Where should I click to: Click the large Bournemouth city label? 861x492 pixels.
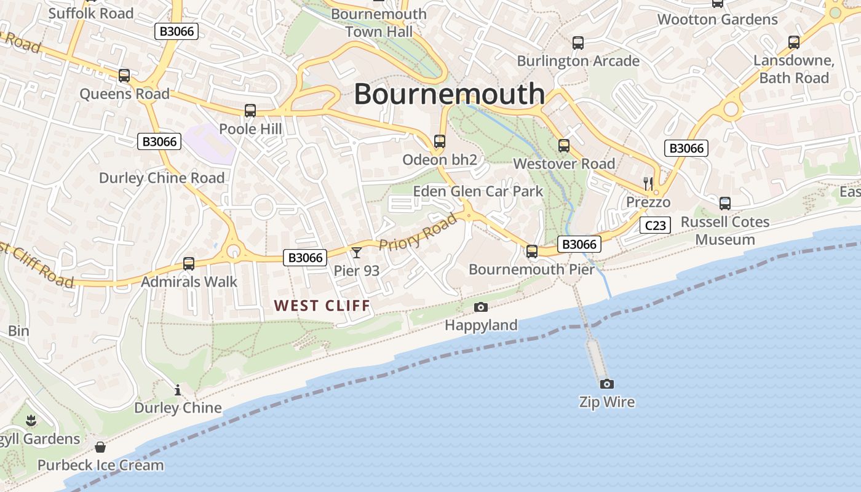[449, 94]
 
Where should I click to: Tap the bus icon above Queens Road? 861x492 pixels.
[124, 76]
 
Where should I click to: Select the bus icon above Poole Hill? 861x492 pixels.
[250, 111]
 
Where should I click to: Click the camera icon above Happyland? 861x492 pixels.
[481, 307]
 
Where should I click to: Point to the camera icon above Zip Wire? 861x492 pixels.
[607, 384]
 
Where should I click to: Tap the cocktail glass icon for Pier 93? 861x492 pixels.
[356, 252]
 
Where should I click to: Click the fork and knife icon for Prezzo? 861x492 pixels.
[648, 183]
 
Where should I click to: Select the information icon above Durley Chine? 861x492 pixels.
[178, 390]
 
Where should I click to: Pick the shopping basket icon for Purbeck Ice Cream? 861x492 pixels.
[100, 446]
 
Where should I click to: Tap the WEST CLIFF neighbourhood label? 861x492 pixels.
[322, 306]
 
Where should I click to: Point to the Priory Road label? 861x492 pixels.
[418, 231]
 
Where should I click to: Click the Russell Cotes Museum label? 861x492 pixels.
[725, 231]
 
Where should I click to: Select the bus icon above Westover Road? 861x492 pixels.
[564, 146]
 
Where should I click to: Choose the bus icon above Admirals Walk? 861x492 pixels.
[189, 264]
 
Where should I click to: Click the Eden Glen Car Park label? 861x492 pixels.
[478, 191]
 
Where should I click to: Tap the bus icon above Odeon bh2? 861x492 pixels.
[439, 141]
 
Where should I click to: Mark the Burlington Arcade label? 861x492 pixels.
[578, 61]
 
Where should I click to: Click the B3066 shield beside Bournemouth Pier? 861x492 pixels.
[579, 244]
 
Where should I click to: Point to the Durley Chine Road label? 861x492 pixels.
[162, 178]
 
